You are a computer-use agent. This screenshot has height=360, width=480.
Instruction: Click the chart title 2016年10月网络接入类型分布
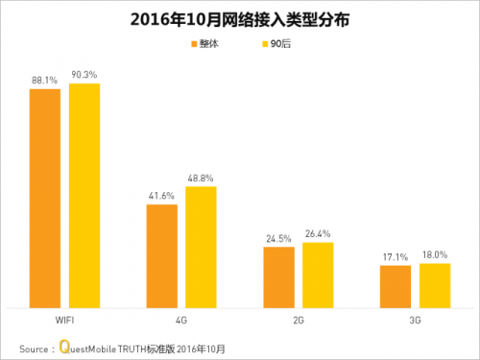pyautogui.click(x=239, y=18)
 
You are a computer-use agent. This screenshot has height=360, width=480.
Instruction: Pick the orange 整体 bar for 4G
pyautogui.click(x=161, y=255)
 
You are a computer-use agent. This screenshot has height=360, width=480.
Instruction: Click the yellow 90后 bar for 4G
pyautogui.click(x=201, y=247)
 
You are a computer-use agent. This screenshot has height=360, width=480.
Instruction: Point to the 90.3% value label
pyautogui.click(x=85, y=74)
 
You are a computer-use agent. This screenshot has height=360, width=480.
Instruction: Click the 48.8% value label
pyautogui.click(x=202, y=177)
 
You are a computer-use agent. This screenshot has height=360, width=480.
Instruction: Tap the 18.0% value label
pyautogui.click(x=435, y=253)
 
